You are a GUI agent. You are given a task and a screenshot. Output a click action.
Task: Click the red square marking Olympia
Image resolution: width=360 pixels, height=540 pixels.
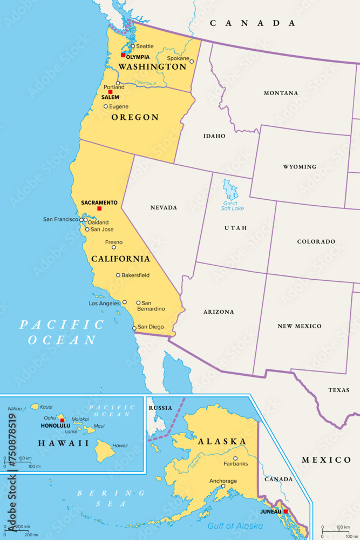pyautogui.click(x=123, y=55)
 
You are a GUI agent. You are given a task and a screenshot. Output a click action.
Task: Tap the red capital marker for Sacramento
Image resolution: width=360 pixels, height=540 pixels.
pyautogui.click(x=99, y=208)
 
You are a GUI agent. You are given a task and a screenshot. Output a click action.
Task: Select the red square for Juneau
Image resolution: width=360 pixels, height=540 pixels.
pyautogui.click(x=286, y=511)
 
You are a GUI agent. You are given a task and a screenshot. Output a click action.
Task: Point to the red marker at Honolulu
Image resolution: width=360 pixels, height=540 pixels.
pyautogui.click(x=62, y=420)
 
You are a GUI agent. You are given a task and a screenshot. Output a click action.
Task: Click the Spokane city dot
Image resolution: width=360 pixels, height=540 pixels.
pyautogui.click(x=192, y=62)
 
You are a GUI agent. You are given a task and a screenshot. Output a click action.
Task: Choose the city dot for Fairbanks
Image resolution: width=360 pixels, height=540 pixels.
pyautogui.click(x=235, y=458)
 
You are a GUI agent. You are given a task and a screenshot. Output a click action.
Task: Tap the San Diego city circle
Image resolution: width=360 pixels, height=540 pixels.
pyautogui.click(x=134, y=328)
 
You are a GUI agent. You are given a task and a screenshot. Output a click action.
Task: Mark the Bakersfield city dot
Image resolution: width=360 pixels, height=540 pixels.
pyautogui.click(x=118, y=275)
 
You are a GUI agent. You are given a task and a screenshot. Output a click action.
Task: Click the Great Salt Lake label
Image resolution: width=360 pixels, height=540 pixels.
pyautogui.click(x=233, y=206)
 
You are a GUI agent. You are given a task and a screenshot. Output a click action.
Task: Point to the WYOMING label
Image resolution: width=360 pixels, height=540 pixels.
pyautogui.click(x=300, y=167)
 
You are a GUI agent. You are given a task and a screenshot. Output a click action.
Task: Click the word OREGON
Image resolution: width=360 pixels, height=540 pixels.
pyautogui.click(x=135, y=117)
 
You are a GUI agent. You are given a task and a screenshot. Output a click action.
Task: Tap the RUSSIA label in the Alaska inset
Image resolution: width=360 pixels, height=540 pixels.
pyautogui.click(x=160, y=408)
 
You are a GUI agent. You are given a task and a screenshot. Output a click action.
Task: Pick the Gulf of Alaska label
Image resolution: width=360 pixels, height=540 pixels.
pyautogui.click(x=236, y=525)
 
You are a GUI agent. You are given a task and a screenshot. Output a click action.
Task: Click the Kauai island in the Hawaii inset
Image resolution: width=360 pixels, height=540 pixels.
pyautogui.click(x=35, y=407)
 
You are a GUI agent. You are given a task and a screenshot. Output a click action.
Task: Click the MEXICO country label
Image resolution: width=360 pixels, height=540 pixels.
pyautogui.click(x=326, y=460)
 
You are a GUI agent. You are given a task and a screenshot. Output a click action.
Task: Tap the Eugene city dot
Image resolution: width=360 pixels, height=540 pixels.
pyautogui.click(x=106, y=106)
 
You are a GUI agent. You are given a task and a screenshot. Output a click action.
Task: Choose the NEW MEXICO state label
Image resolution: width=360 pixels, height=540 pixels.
pyautogui.click(x=300, y=326)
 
